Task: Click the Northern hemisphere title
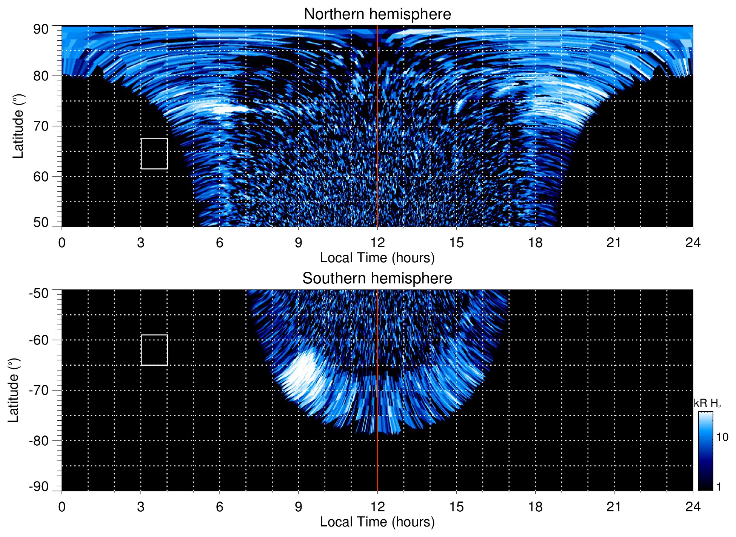(x=377, y=14)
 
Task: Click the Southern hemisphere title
(x=377, y=279)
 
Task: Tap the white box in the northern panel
(x=154, y=154)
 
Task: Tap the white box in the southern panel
(x=154, y=350)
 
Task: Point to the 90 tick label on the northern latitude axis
(x=41, y=29)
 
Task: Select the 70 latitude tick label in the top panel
(x=41, y=126)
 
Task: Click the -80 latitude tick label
(x=39, y=441)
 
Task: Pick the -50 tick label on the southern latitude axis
(x=39, y=293)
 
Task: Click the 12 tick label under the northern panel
(x=377, y=243)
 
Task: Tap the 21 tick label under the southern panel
(x=614, y=507)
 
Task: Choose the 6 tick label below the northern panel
(x=220, y=243)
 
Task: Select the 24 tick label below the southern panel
(x=693, y=507)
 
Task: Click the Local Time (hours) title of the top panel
(x=377, y=258)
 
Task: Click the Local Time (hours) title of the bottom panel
(x=377, y=522)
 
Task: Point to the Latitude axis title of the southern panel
(x=14, y=391)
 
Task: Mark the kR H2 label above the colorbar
(x=707, y=403)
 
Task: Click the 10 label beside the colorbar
(x=722, y=437)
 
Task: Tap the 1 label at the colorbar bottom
(x=719, y=487)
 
